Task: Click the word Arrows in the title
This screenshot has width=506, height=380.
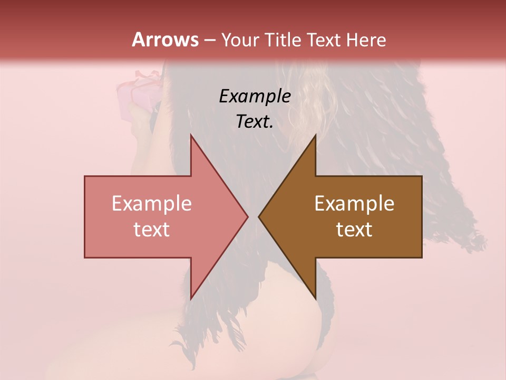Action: (x=165, y=40)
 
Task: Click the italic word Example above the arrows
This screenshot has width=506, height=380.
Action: (x=255, y=97)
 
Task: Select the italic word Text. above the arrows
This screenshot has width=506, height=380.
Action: (x=255, y=122)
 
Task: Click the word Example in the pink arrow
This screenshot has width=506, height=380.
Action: (x=151, y=203)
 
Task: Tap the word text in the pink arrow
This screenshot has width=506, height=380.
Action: (x=151, y=229)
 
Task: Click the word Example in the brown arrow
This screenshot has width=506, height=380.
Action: (x=354, y=203)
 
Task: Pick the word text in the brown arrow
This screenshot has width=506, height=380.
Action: (x=354, y=229)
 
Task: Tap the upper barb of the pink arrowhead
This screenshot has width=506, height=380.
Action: (x=192, y=138)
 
